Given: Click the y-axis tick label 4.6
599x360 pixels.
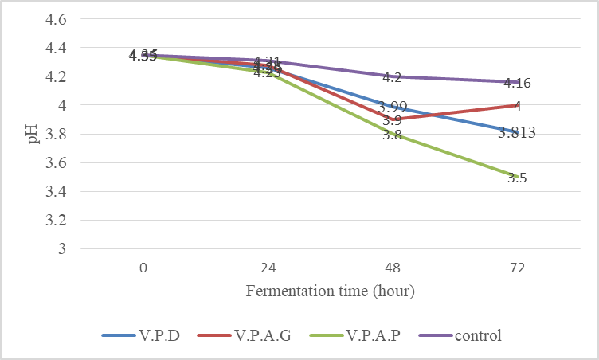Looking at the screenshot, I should coord(59,18).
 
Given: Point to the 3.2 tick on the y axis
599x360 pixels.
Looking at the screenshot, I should coord(59,220).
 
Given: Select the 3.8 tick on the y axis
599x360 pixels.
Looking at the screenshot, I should coord(59,134).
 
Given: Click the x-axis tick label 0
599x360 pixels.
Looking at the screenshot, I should coord(143,268).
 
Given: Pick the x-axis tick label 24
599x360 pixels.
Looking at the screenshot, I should coord(268,268).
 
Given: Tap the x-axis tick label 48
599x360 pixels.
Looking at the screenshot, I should coord(393,268).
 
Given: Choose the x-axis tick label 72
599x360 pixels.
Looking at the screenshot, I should coord(518,268).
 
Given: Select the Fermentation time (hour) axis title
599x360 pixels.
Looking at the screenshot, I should coord(331,291).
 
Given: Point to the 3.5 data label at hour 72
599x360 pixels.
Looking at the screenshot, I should coord(517,178).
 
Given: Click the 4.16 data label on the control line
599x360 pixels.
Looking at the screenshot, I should coord(518,83).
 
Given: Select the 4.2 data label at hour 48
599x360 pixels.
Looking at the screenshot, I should coord(392,77).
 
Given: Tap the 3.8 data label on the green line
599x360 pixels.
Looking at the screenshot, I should coord(391,135).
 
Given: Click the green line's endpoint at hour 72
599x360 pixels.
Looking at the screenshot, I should coord(518,177).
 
